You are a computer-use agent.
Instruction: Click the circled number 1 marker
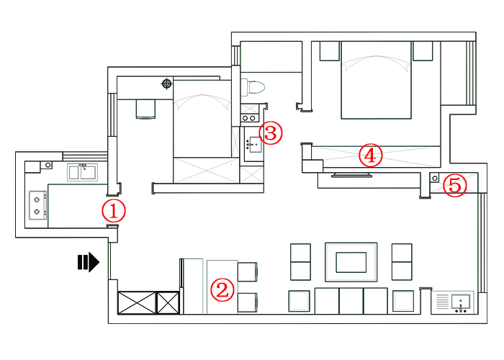(x=114, y=211)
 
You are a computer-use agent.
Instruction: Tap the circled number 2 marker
(x=222, y=290)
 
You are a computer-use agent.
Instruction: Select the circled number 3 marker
(x=271, y=132)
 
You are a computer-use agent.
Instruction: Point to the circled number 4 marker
(x=370, y=156)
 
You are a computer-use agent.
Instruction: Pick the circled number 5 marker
(x=455, y=186)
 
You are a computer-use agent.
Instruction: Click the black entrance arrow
(x=89, y=262)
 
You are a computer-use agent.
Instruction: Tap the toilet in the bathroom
(x=253, y=87)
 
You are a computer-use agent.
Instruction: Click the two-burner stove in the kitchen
(x=37, y=206)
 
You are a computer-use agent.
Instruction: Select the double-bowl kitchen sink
(x=82, y=172)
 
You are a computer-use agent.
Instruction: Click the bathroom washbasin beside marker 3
(x=254, y=145)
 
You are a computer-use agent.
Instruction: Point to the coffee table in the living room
(x=351, y=262)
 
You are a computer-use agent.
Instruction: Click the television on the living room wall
(x=351, y=175)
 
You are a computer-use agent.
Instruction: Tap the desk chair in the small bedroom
(x=145, y=109)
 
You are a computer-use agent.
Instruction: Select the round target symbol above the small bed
(x=166, y=84)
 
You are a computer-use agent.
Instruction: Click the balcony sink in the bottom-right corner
(x=461, y=303)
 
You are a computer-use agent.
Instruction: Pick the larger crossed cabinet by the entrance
(x=137, y=302)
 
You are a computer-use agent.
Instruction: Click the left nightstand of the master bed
(x=330, y=51)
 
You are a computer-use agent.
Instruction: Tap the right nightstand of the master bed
(x=423, y=51)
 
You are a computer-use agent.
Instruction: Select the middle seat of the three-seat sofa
(x=351, y=301)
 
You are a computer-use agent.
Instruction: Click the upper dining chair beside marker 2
(x=247, y=272)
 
